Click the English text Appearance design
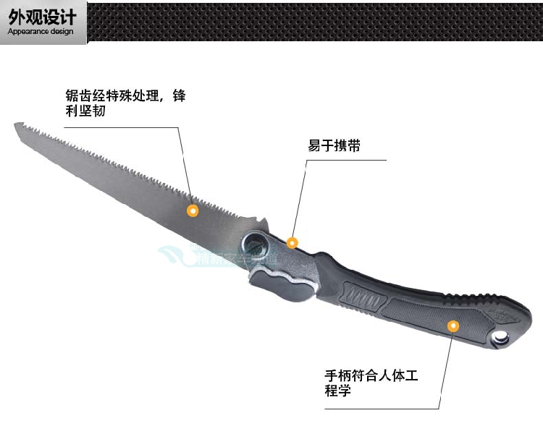tap(41, 32)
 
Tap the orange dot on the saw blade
tap(193, 210)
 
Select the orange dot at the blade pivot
tap(292, 242)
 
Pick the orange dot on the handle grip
tap(452, 325)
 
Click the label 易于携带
tap(334, 146)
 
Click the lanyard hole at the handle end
tap(501, 336)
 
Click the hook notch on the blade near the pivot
tap(258, 221)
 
